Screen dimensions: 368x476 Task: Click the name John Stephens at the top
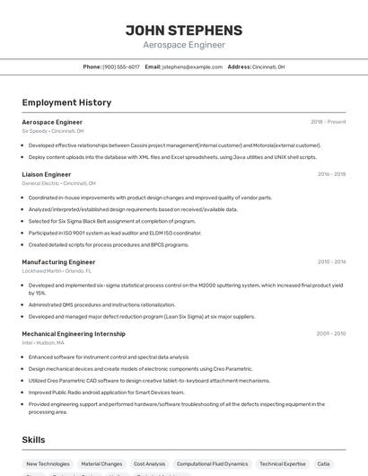(184, 30)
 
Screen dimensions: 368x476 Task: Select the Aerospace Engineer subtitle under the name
(184, 45)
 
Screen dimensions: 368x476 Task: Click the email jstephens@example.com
(192, 66)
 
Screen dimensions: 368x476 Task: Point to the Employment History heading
(66, 102)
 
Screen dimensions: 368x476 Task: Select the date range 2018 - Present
(328, 121)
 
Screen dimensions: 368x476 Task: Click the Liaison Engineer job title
(47, 174)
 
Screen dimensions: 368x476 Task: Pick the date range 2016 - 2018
(331, 174)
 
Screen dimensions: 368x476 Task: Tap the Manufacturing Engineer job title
(58, 262)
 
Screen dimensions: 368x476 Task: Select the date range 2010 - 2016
(331, 262)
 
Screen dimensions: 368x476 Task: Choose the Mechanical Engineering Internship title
(74, 333)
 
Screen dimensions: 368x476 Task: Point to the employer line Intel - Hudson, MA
(43, 342)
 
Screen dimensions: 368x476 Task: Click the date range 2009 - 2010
(331, 333)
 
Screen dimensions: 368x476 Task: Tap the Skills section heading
(34, 440)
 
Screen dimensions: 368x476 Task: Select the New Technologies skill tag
(48, 464)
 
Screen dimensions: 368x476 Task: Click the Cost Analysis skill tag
(149, 464)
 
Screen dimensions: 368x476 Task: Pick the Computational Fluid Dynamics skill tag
(212, 464)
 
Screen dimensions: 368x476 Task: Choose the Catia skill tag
(323, 464)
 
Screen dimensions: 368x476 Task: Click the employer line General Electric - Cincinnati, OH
(59, 182)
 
